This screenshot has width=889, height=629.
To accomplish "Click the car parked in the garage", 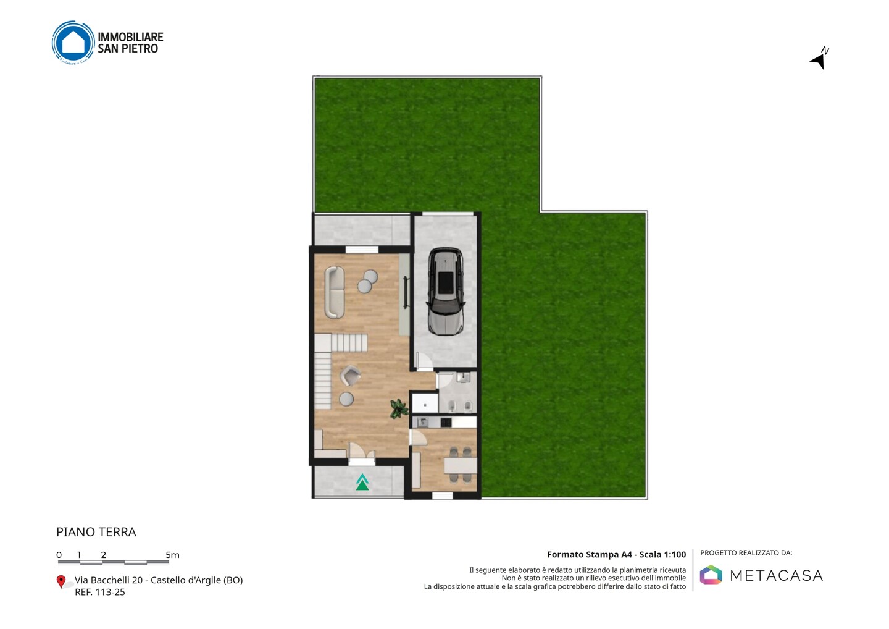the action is coord(445,292).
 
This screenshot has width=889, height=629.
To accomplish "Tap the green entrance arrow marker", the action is coord(362,482).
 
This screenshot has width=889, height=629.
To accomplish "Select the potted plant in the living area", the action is coord(398,408).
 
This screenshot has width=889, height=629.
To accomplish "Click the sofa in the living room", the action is coord(335,292).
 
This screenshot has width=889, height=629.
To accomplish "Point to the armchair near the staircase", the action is coord(350,376).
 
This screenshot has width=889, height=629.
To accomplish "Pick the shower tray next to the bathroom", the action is coord(425,403).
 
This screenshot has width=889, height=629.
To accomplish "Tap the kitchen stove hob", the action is coord(446,422).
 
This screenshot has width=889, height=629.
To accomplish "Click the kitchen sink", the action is coord(422,422).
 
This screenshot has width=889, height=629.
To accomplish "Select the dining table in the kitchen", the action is coord(461,465).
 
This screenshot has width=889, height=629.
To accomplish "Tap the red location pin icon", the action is coord(61,582).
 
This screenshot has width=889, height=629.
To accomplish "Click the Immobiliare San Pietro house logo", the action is coord(73,43).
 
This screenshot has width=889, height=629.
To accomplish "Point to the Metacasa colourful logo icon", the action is coord(711,575).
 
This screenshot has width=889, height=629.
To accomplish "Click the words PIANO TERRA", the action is coord(96,532).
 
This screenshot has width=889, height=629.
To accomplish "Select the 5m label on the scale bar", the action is coord(172,555).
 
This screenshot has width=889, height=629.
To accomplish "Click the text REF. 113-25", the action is coord(100,592).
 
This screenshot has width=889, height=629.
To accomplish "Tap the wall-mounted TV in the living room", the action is coord(406,292).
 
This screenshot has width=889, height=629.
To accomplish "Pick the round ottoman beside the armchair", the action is coord(346,399).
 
